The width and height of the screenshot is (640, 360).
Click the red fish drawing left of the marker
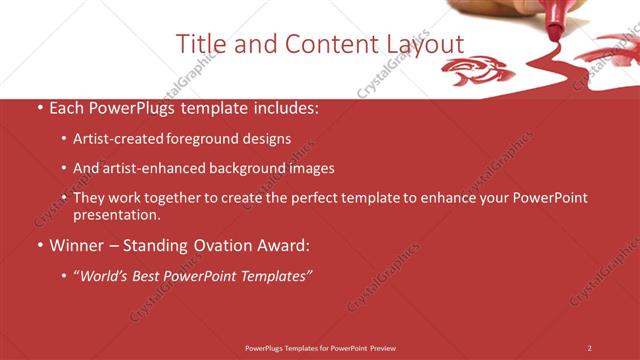pyautogui.click(x=477, y=70)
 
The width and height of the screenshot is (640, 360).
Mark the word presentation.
pyautogui.click(x=115, y=214)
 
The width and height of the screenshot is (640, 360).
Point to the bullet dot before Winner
pyautogui.click(x=39, y=245)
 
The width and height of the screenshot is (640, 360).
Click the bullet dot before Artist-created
pyautogui.click(x=64, y=140)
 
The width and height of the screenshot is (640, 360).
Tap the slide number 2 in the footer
pyautogui.click(x=589, y=348)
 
